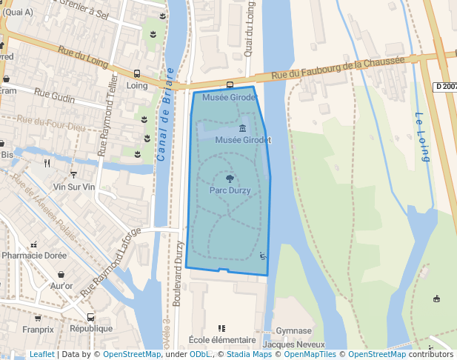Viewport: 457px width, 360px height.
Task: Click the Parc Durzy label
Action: (230, 190)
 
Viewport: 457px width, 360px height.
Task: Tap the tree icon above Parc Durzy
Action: (230, 179)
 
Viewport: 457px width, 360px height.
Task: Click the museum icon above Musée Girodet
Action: (242, 129)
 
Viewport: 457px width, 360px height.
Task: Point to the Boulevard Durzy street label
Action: (178, 275)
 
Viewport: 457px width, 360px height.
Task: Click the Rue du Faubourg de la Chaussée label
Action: (338, 68)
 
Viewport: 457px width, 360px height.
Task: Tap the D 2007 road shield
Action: (444, 87)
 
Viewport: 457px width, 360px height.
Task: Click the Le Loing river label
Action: (422, 136)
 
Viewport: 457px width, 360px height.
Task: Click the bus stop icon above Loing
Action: (137, 73)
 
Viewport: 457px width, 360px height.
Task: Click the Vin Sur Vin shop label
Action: (74, 187)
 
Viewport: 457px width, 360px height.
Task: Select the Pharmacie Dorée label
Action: (34, 256)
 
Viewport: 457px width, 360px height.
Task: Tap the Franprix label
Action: (38, 329)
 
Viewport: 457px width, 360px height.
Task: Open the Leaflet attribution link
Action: (41, 355)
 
